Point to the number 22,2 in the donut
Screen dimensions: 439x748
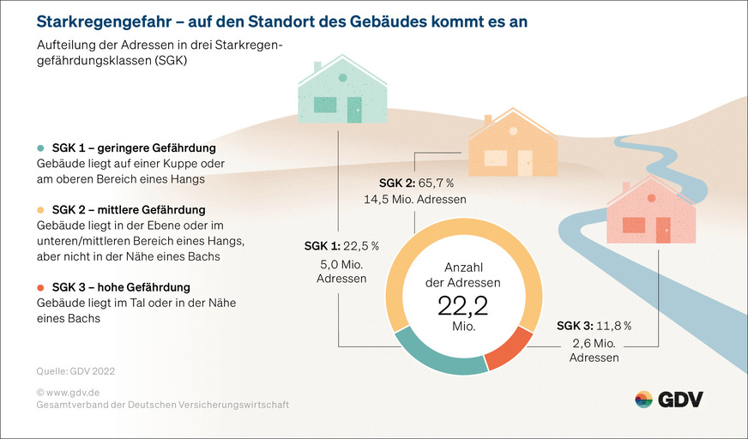coord(463,306)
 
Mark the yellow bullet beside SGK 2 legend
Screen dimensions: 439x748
coord(40,209)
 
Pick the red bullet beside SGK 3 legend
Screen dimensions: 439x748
coord(40,286)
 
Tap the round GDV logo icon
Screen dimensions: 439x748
coord(643,399)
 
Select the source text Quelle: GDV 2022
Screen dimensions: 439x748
coord(75,371)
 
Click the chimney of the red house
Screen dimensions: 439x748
coord(626,187)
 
